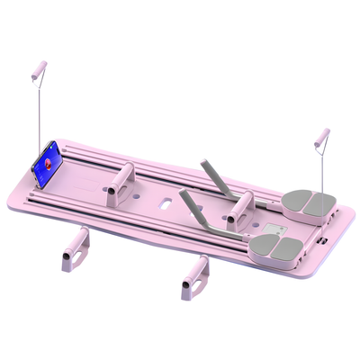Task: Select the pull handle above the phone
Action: (x=39, y=70)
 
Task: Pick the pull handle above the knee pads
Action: (x=320, y=138)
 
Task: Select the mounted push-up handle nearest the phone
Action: (x=119, y=184)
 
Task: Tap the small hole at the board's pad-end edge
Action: (x=321, y=242)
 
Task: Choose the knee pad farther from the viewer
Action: (x=305, y=202)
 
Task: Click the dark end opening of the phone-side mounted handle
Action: (x=111, y=192)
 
